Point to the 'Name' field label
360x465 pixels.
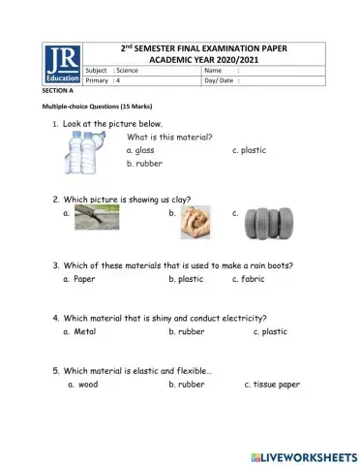coord(214,70)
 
